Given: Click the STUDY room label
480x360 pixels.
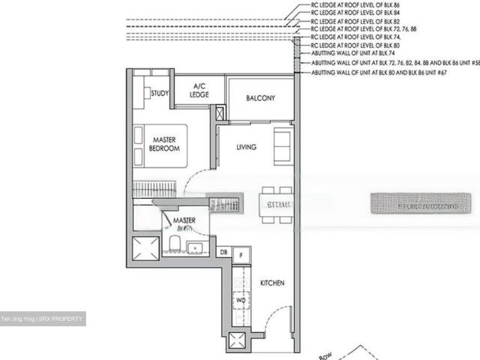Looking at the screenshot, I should point(159,94).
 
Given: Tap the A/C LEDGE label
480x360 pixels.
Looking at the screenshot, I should point(199,90).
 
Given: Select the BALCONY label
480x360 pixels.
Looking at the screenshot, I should point(260,98).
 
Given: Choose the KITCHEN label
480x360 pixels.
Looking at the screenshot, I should point(271,283).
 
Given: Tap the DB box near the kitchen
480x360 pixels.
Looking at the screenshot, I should point(224,253).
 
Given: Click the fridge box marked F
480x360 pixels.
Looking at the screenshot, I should point(240,255).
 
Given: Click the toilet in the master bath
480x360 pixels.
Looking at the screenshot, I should point(173,244).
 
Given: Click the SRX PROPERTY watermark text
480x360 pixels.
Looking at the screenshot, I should point(43,319).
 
